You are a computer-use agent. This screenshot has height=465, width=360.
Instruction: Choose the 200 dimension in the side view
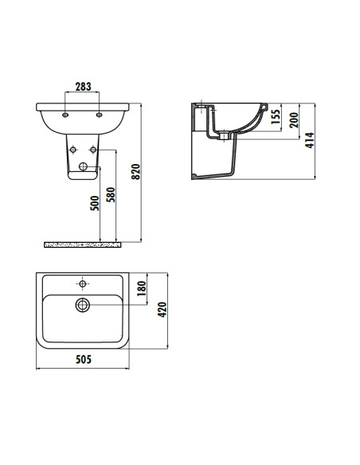click(x=294, y=121)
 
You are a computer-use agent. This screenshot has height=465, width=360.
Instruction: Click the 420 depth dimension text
click(x=162, y=310)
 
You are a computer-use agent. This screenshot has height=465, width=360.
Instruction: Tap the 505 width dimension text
click(x=84, y=358)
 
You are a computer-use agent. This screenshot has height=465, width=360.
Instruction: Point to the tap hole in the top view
click(x=83, y=282)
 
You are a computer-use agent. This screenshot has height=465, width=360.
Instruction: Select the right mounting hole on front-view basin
click(x=99, y=115)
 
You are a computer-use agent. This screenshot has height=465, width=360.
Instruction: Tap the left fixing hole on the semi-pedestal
click(x=73, y=149)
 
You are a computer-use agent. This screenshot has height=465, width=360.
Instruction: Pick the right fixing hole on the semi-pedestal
click(x=93, y=149)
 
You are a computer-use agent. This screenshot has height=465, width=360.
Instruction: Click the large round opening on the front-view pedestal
click(x=84, y=167)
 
